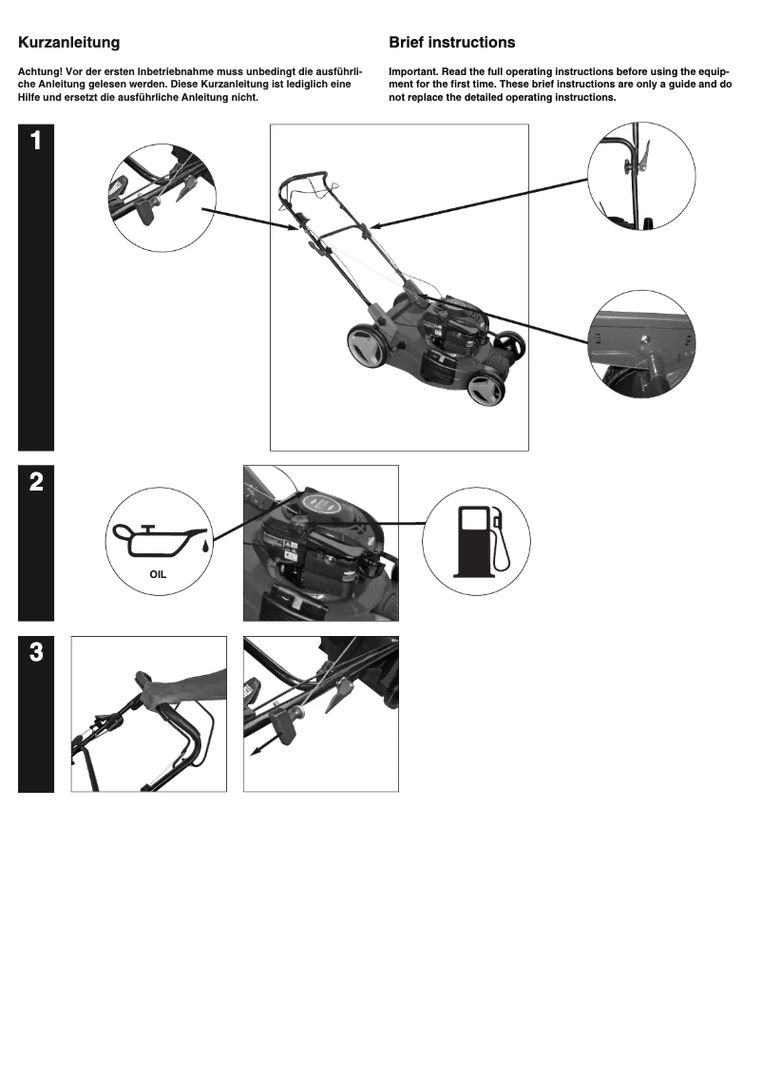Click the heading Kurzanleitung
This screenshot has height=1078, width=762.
point(69,43)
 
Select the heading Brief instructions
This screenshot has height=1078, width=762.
point(452,43)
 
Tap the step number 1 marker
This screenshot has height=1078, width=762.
point(35,142)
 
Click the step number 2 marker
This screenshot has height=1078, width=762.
point(35,482)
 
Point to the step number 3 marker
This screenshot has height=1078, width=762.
point(35,652)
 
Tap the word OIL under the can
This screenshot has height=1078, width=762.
point(158,574)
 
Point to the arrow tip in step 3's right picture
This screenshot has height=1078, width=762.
point(254,752)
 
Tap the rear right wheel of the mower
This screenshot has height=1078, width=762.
point(510,345)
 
